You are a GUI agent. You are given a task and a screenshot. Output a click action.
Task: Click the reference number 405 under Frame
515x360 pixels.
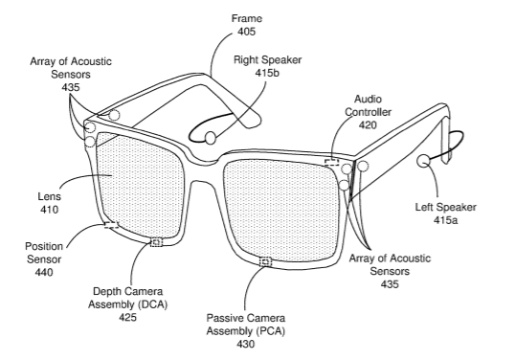[247, 32]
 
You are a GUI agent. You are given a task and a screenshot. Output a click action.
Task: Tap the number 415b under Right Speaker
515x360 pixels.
[267, 73]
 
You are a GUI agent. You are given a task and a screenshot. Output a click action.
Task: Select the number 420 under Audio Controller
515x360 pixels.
[368, 125]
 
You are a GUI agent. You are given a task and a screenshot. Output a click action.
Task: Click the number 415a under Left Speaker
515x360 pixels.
[445, 220]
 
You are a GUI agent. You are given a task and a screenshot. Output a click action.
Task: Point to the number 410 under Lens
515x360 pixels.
[49, 210]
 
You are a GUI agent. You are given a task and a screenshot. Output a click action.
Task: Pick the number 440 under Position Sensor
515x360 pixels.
[44, 272]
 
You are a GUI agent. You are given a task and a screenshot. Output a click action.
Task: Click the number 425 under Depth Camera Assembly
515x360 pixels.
[127, 317]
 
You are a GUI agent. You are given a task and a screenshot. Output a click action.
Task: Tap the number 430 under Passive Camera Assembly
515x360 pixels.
[245, 344]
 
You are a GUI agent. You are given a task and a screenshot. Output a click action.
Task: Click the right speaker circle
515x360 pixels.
[211, 138]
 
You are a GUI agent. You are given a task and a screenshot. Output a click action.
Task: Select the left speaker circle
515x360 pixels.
[424, 161]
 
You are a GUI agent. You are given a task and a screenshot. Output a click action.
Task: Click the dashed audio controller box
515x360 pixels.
[332, 162]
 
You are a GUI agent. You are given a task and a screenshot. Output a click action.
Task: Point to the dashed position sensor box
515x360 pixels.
[111, 225]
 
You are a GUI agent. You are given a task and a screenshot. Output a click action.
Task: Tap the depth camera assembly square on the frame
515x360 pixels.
[156, 242]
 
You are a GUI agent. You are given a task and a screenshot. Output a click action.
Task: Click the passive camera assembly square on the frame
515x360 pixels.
[266, 262]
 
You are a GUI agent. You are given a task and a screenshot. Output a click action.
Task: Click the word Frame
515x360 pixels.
[247, 18]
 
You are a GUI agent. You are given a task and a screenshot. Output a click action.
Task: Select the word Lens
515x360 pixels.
[49, 196]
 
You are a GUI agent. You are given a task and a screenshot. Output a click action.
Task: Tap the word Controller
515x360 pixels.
[368, 112]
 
